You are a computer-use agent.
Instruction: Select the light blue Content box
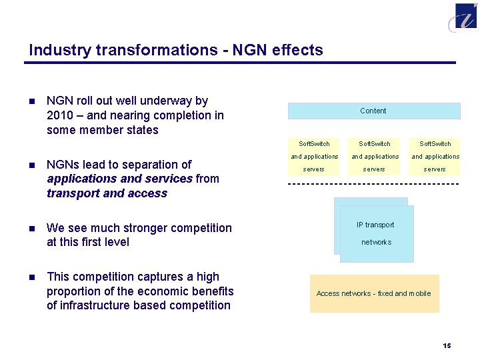pos(373,111)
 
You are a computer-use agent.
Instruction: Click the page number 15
pos(447,345)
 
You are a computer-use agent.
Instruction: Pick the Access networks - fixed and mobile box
pos(374,293)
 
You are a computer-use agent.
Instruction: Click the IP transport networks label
pos(375,233)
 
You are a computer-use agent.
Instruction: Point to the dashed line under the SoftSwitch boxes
pos(373,183)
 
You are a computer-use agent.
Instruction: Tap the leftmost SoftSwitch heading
pos(314,143)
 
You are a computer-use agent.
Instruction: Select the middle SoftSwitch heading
pos(375,143)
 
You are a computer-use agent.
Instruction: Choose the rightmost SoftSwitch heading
pos(435,143)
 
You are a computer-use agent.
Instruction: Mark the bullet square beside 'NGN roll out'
pos(31,101)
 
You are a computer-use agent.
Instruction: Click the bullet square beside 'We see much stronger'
pos(31,228)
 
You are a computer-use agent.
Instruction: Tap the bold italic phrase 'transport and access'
pos(107,193)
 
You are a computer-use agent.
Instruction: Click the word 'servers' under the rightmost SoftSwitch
pos(435,169)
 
